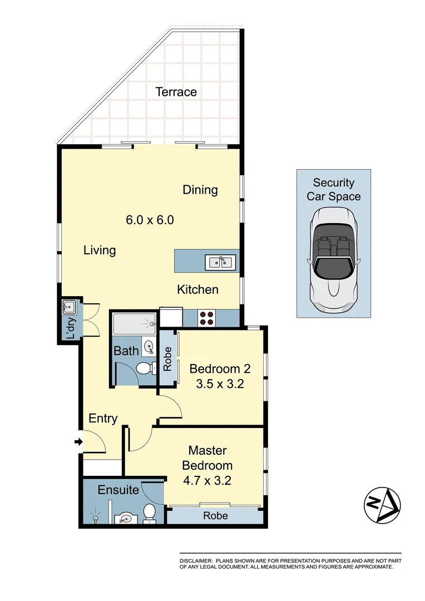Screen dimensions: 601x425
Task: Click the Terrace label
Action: click(176, 92)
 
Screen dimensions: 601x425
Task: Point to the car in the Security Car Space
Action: click(333, 260)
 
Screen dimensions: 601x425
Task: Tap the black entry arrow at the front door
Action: click(78, 442)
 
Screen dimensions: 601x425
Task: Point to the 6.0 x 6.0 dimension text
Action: click(150, 220)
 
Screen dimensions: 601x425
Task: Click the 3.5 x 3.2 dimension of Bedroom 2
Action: click(220, 383)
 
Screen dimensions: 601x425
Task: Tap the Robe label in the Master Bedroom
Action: click(215, 516)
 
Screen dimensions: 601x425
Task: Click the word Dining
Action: click(200, 190)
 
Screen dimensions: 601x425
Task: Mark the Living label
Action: click(100, 250)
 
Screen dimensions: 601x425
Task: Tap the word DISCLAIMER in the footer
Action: click(195, 560)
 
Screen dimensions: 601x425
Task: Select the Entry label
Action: click(103, 418)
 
